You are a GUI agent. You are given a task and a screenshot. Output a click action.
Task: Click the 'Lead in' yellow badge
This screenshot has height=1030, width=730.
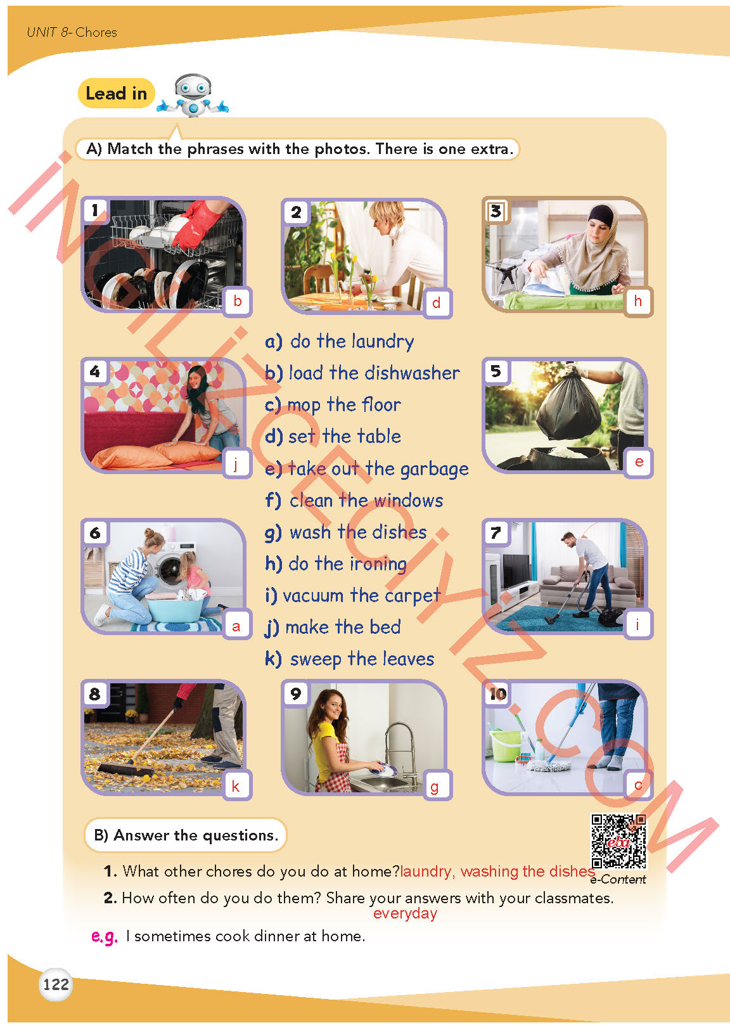(x=117, y=93)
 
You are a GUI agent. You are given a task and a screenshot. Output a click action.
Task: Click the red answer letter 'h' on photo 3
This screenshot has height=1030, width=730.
(x=637, y=301)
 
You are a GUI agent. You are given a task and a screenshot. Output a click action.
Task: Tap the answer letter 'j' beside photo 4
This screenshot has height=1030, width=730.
(x=236, y=464)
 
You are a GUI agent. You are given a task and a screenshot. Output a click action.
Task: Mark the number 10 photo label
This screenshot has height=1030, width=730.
(x=498, y=694)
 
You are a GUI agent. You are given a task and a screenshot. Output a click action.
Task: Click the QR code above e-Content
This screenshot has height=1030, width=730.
(x=618, y=841)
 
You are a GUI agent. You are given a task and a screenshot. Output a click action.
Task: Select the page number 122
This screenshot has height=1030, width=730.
(x=56, y=984)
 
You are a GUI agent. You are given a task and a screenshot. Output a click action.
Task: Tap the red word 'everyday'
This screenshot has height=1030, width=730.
(x=405, y=913)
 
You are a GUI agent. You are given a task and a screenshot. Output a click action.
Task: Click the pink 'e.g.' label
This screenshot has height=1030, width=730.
(x=105, y=936)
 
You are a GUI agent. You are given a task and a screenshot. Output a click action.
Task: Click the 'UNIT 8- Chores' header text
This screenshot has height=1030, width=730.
(x=72, y=32)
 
